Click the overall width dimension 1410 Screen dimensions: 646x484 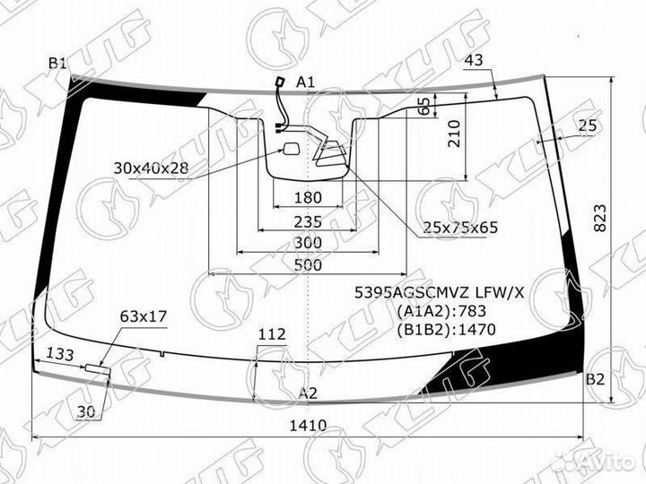coord(308,425)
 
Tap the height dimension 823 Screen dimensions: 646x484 coord(600,218)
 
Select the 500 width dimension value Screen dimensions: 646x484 coord(308,264)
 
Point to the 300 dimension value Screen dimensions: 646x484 coord(308,243)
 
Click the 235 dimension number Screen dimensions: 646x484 coord(308,222)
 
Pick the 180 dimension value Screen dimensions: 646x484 coord(308,198)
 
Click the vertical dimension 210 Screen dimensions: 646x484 coord(454,134)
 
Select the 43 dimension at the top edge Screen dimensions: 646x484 coord(474,60)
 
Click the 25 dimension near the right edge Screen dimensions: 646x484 coord(588,125)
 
